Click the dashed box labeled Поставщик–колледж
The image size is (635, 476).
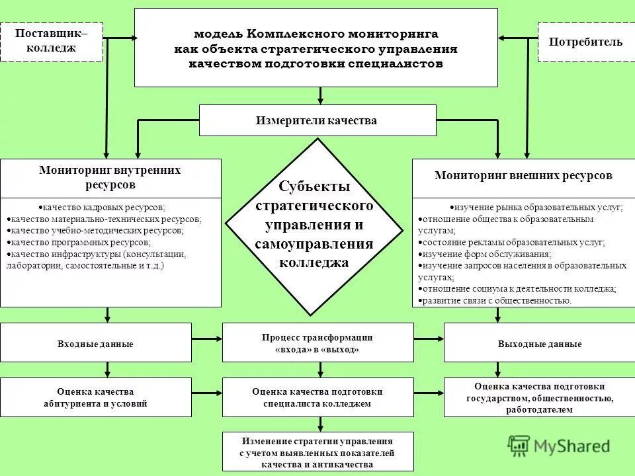[51, 41]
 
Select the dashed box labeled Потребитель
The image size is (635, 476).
[585, 42]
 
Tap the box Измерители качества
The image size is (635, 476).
[317, 120]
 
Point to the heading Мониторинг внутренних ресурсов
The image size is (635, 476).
[110, 177]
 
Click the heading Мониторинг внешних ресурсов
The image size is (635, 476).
[523, 176]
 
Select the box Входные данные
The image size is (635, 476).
[96, 344]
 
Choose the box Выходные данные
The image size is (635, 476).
[539, 344]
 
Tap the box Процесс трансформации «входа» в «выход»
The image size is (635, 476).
[317, 342]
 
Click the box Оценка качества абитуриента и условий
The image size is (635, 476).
[96, 397]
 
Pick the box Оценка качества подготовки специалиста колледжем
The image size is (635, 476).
[317, 397]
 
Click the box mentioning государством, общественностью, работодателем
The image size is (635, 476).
[539, 397]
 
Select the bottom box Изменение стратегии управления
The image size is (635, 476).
[317, 453]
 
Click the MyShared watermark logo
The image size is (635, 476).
[559, 446]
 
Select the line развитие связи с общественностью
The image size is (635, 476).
[496, 301]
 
